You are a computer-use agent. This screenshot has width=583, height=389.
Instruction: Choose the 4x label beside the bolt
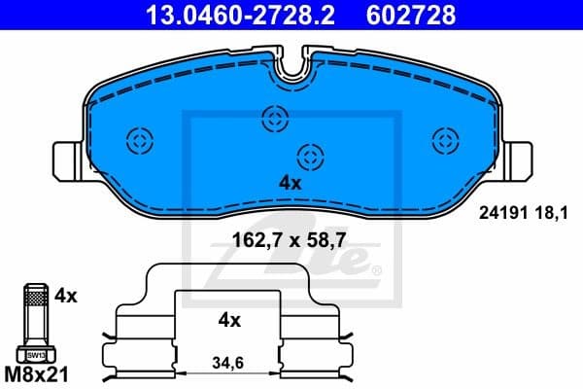click(67, 293)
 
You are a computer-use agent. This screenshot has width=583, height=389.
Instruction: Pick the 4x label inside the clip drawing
click(229, 319)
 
